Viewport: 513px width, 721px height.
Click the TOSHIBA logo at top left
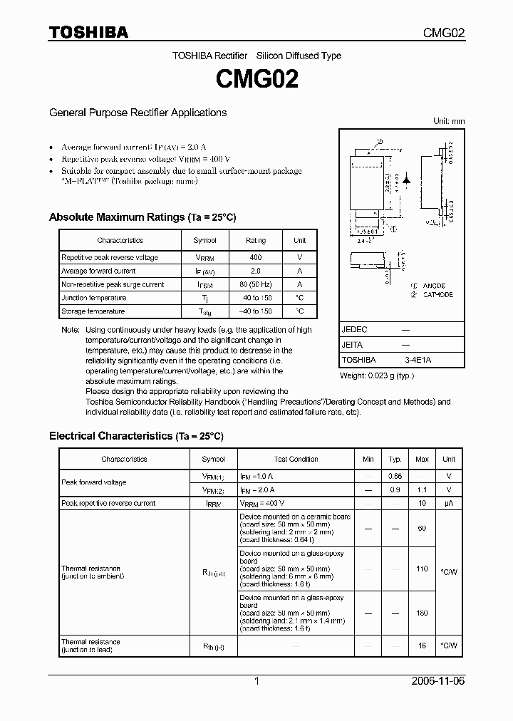click(x=88, y=32)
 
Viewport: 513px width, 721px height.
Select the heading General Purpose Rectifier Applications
click(x=138, y=113)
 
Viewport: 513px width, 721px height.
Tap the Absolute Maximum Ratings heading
click(x=142, y=217)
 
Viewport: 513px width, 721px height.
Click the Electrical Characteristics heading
click(x=135, y=435)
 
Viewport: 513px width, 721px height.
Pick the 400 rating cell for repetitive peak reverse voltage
click(x=256, y=257)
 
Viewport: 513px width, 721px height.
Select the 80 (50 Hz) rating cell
click(x=256, y=284)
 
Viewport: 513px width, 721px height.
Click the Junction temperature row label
click(x=93, y=298)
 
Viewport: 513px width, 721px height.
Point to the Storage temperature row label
click(x=93, y=311)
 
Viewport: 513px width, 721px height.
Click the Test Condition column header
click(x=296, y=460)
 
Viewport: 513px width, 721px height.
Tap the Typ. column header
click(x=395, y=460)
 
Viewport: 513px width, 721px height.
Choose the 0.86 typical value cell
click(x=395, y=475)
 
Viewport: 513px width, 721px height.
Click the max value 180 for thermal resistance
click(x=422, y=613)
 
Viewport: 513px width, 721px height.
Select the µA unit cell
click(x=449, y=503)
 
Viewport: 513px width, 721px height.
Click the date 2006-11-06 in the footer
click(x=437, y=681)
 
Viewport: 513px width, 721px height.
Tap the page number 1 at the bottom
click(x=256, y=681)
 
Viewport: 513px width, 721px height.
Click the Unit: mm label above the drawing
click(x=449, y=121)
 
